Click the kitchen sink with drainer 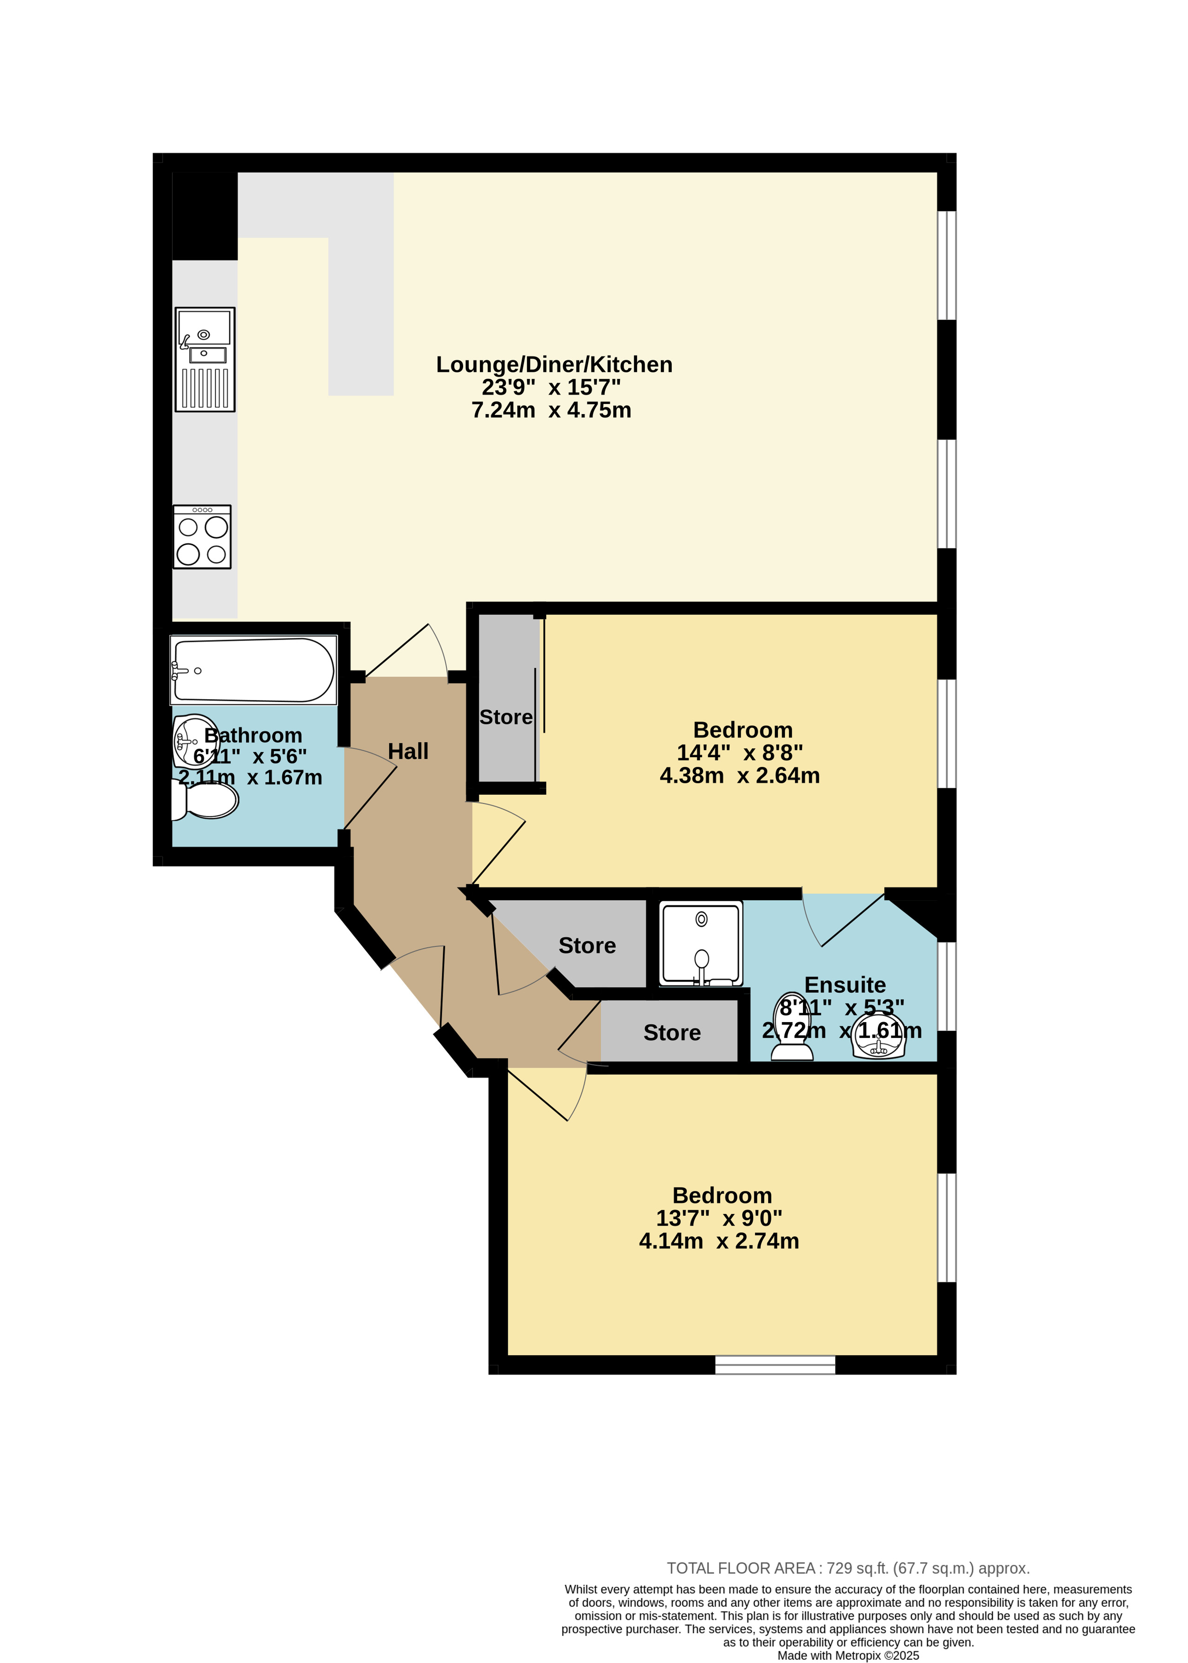coord(205,359)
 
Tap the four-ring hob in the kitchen coord(202,537)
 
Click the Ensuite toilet coord(792,1026)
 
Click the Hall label coord(408,751)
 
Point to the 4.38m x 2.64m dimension coord(740,775)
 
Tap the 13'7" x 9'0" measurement coord(719,1218)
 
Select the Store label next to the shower coord(587,945)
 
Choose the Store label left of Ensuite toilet coord(672,1033)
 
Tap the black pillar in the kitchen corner coord(205,216)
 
